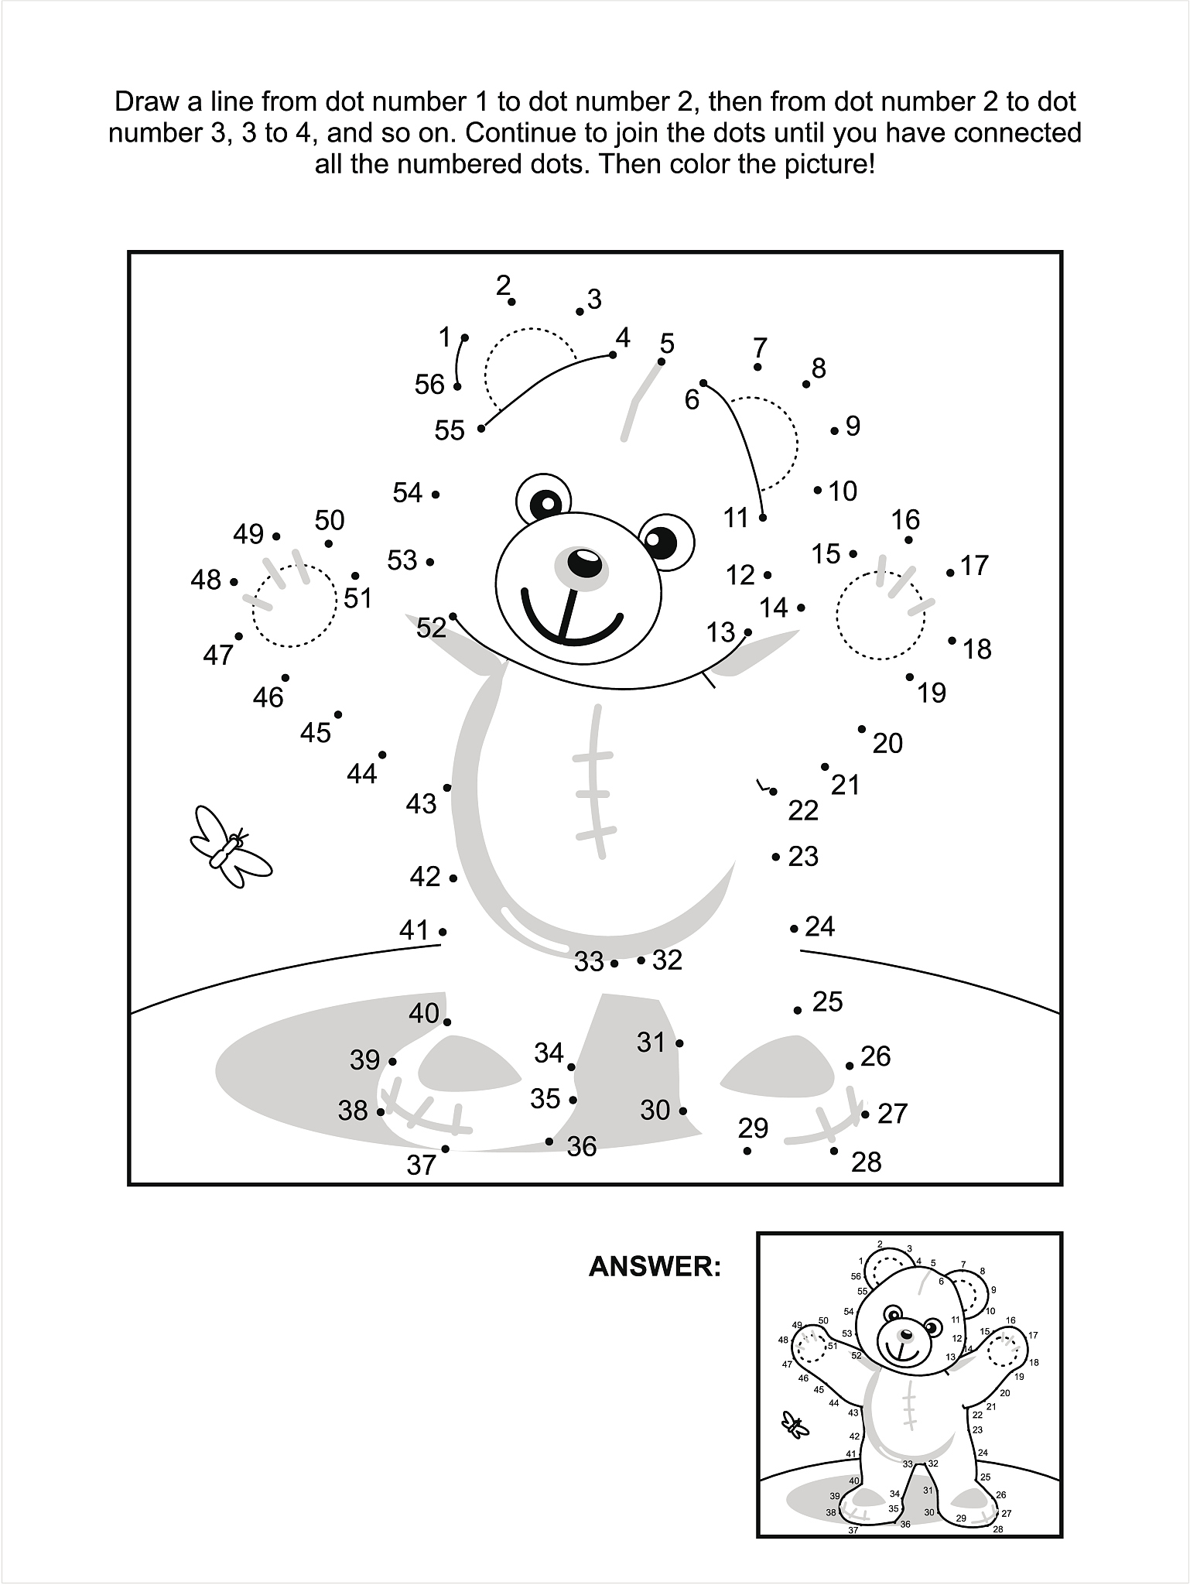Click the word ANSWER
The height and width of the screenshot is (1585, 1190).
[655, 1267]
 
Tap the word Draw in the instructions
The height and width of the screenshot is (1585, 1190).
[148, 101]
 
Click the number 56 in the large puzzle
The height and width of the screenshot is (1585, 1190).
[429, 384]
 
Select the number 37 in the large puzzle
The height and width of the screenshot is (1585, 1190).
[422, 1164]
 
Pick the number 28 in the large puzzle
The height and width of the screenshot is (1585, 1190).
[866, 1161]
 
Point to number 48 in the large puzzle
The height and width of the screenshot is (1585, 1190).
[206, 579]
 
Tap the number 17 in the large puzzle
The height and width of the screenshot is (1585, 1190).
[974, 565]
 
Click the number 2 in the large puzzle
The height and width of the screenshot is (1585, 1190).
[503, 286]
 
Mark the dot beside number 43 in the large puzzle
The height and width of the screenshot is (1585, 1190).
[447, 788]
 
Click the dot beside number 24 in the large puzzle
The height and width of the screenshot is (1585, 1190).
[794, 928]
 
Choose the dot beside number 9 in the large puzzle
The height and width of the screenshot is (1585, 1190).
[835, 430]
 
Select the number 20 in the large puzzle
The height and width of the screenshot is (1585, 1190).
[887, 743]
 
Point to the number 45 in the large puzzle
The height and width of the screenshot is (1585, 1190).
[315, 732]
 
